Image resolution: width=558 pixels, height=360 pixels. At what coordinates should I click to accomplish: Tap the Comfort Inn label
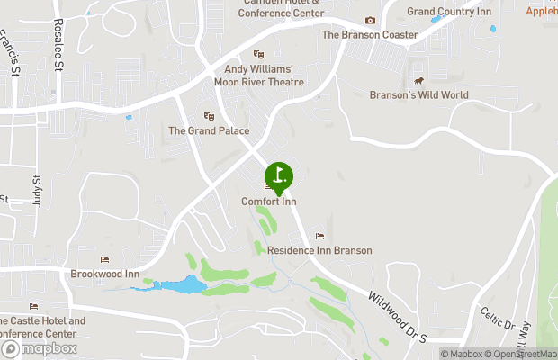(x=268, y=202)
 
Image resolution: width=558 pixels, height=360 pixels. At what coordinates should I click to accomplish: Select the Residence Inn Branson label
(x=319, y=250)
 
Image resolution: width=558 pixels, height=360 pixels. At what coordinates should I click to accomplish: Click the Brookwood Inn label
(x=105, y=274)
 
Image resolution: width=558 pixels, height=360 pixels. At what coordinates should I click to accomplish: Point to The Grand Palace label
(x=209, y=130)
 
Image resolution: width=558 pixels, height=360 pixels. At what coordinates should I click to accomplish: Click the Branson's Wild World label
(x=418, y=94)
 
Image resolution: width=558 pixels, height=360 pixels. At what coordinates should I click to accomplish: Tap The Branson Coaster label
(x=370, y=35)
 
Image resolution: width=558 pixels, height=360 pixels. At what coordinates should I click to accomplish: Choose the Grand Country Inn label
(x=449, y=11)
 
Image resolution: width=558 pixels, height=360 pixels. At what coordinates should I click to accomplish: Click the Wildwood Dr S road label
(x=397, y=310)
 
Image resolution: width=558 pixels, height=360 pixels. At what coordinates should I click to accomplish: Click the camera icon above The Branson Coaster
(x=370, y=21)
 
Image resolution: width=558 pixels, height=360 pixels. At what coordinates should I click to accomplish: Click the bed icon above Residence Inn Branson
(x=319, y=237)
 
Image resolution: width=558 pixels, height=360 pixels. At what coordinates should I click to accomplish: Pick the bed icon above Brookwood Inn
(x=104, y=260)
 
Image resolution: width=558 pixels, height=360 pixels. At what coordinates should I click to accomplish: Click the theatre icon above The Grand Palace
(x=209, y=116)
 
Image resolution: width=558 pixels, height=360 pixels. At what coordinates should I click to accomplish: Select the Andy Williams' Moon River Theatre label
(x=259, y=75)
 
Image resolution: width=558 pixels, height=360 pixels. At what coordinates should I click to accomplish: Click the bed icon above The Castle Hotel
(x=34, y=308)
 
